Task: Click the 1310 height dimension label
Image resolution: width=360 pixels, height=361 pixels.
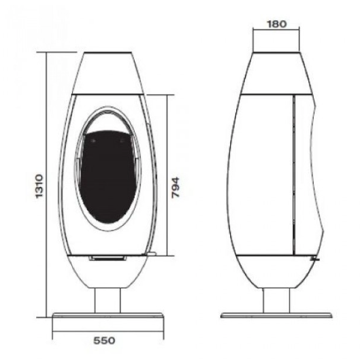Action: (39, 186)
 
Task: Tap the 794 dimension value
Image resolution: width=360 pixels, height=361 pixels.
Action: (176, 188)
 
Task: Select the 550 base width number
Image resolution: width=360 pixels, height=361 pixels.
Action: (104, 341)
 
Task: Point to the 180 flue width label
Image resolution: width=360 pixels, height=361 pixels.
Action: (277, 24)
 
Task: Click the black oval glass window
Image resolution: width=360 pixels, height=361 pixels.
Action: (108, 177)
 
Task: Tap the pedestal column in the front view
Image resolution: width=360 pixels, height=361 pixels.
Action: (108, 300)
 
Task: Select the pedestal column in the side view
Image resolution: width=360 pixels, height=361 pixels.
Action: (276, 300)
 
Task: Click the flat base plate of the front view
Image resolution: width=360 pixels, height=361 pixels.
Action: (108, 315)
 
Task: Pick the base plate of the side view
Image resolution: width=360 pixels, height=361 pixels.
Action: (276, 315)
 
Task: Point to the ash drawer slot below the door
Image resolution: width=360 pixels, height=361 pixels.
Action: (108, 258)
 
